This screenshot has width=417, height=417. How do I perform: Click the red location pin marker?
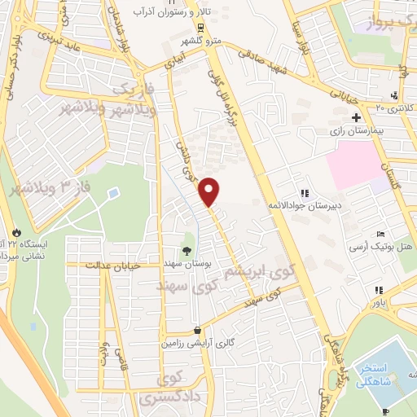coord(209,190)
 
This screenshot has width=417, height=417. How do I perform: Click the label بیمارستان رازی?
coord(355,130)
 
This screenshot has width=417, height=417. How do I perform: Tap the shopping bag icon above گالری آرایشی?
coord(197,331)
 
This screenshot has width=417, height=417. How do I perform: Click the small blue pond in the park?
coord(112,193)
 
